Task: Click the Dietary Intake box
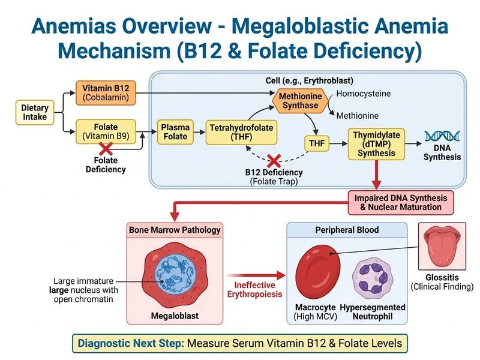tap(35, 113)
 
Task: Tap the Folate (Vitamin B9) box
tap(105, 130)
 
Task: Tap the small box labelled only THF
tap(316, 144)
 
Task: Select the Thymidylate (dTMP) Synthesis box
tap(376, 144)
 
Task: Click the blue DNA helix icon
tap(442, 137)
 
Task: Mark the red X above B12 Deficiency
tap(274, 160)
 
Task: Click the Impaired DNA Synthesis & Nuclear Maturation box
tap(398, 202)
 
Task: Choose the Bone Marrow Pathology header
tap(175, 230)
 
